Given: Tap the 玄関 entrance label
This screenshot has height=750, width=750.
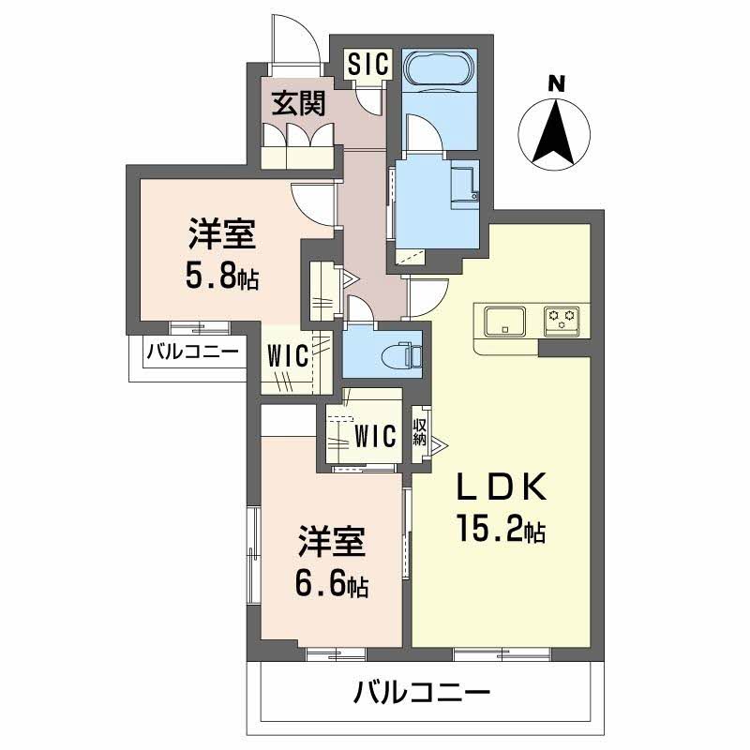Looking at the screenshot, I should click(x=299, y=103).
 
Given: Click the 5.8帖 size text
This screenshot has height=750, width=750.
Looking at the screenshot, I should click(x=223, y=278).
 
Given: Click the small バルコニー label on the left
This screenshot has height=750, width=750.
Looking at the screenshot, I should click(x=192, y=352).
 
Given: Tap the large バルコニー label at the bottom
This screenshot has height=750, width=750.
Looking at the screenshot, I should click(x=422, y=695).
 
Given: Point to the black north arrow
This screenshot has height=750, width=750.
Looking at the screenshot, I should click(x=555, y=131).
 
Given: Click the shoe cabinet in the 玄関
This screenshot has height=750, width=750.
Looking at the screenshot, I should click(x=299, y=144).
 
